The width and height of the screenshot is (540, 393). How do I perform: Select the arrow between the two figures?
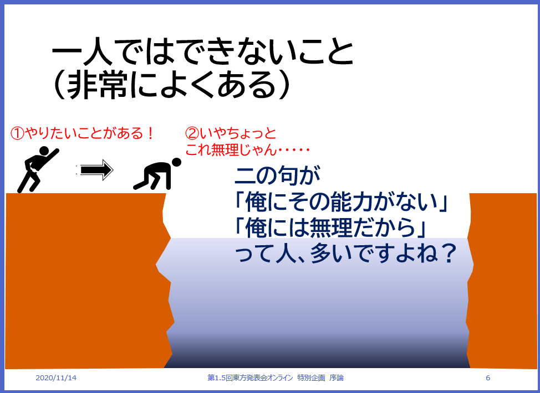[95, 170]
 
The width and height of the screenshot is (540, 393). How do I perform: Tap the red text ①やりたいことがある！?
[82, 133]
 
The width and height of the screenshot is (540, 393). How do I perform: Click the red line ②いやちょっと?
[231, 133]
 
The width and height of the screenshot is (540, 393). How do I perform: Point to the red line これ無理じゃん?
[246, 149]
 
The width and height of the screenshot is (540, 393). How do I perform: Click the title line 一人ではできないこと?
[202, 54]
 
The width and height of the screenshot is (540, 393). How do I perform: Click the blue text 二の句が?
[278, 177]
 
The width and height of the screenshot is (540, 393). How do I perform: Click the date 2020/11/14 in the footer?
[56, 378]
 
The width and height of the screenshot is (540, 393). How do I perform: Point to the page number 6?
[487, 378]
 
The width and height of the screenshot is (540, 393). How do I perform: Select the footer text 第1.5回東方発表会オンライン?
[249, 378]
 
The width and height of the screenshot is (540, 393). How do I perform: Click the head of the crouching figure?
[176, 162]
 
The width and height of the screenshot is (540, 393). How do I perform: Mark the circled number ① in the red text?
[17, 133]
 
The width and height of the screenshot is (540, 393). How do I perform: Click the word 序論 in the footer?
[337, 378]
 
